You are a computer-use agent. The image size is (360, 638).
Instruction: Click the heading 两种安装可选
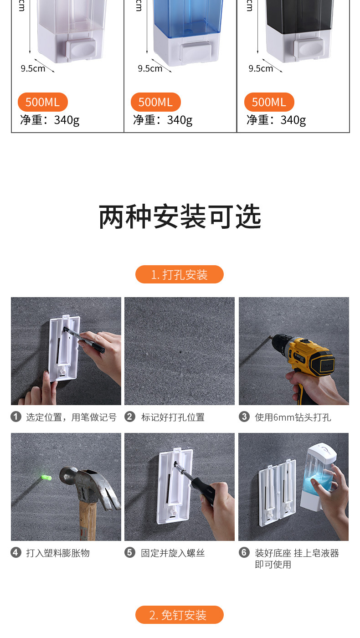[180, 217]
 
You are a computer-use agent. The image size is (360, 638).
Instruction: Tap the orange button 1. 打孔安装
[180, 274]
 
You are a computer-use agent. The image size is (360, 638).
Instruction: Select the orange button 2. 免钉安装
[180, 615]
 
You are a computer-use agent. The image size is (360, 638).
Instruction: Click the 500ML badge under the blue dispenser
[156, 102]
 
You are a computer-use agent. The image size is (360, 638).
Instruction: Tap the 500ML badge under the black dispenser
[269, 102]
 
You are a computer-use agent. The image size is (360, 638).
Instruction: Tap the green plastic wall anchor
[45, 477]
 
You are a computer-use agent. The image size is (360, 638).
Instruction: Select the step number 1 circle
[16, 417]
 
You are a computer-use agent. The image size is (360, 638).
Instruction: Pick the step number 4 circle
[16, 553]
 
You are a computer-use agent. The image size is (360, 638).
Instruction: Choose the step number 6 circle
[244, 553]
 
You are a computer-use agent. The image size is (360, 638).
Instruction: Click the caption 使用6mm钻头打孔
[293, 417]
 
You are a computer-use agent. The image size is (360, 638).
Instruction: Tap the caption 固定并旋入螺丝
[173, 553]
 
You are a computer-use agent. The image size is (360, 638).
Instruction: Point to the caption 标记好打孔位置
[173, 417]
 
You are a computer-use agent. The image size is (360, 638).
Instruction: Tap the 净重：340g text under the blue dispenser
[163, 120]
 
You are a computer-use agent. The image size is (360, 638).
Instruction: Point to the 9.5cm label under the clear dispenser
[33, 68]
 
